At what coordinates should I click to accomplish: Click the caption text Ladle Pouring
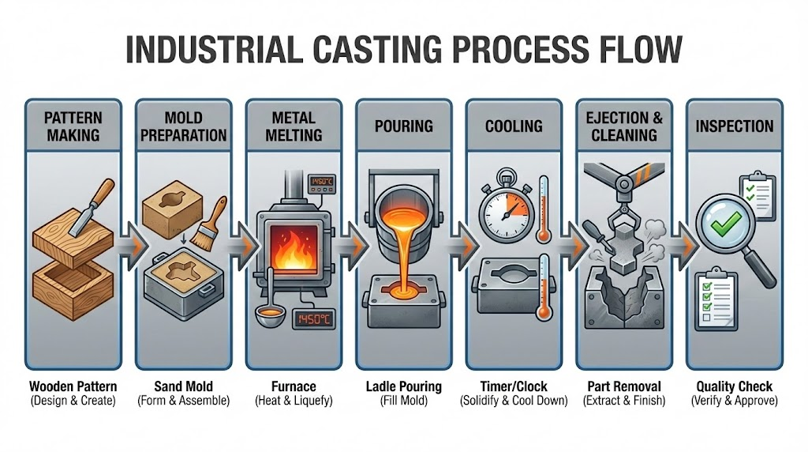point(403,386)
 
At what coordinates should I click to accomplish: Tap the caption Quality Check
point(734,386)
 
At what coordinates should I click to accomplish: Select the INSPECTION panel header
point(734,126)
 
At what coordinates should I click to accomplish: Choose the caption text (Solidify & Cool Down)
point(513,401)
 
